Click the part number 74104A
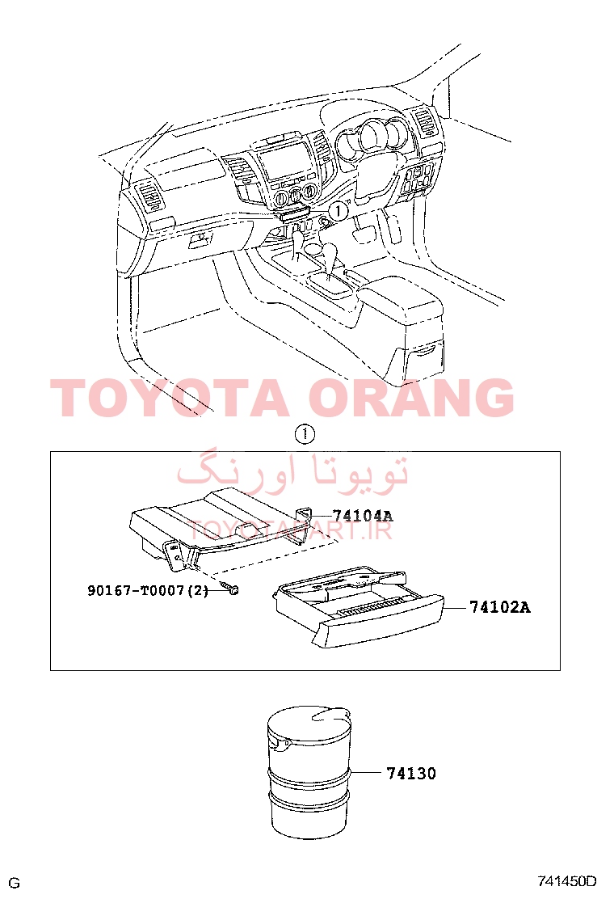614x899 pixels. (362, 516)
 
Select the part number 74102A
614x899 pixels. (500, 606)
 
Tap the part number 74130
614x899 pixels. (411, 774)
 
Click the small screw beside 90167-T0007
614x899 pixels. (230, 589)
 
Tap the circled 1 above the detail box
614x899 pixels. (305, 434)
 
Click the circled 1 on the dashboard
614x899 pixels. (339, 210)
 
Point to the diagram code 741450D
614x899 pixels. (566, 880)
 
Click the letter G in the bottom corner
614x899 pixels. (15, 883)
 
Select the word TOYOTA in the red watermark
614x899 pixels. (170, 397)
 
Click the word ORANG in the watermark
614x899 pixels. (414, 397)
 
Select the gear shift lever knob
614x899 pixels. (331, 251)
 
